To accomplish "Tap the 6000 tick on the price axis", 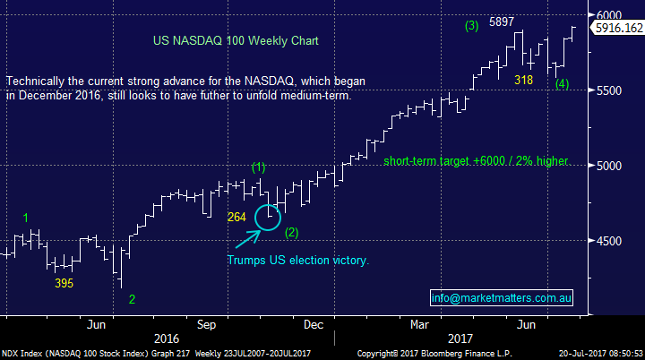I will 611,15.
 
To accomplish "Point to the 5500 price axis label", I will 611,90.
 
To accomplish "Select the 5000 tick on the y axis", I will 611,166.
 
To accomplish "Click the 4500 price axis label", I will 611,241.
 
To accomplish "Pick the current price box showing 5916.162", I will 616,29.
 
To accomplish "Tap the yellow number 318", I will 524,81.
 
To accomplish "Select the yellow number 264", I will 237,216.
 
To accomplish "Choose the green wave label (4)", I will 562,84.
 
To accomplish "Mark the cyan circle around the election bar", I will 269,217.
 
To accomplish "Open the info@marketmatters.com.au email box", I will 502,297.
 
